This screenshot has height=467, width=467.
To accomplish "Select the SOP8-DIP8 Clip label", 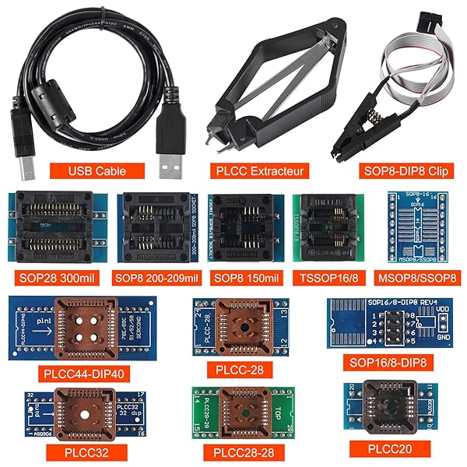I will coord(406,170).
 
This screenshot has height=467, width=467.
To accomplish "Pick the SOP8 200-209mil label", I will coord(156,278).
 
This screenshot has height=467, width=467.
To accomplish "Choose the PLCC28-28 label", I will coord(239,451).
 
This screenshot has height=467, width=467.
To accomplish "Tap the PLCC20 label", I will coord(389,448).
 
